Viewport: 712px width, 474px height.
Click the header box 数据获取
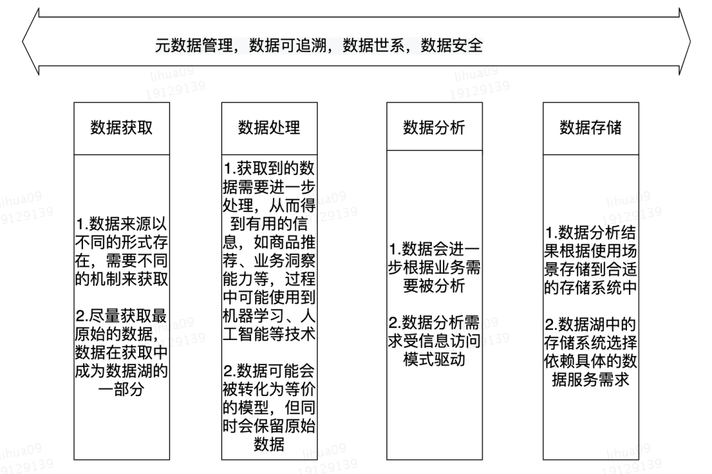click(x=121, y=128)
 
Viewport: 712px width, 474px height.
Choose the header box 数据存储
click(x=590, y=128)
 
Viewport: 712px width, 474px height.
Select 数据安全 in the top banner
click(x=452, y=46)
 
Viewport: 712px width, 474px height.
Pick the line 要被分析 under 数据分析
click(x=434, y=287)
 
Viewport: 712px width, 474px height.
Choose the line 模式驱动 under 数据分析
click(x=434, y=360)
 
